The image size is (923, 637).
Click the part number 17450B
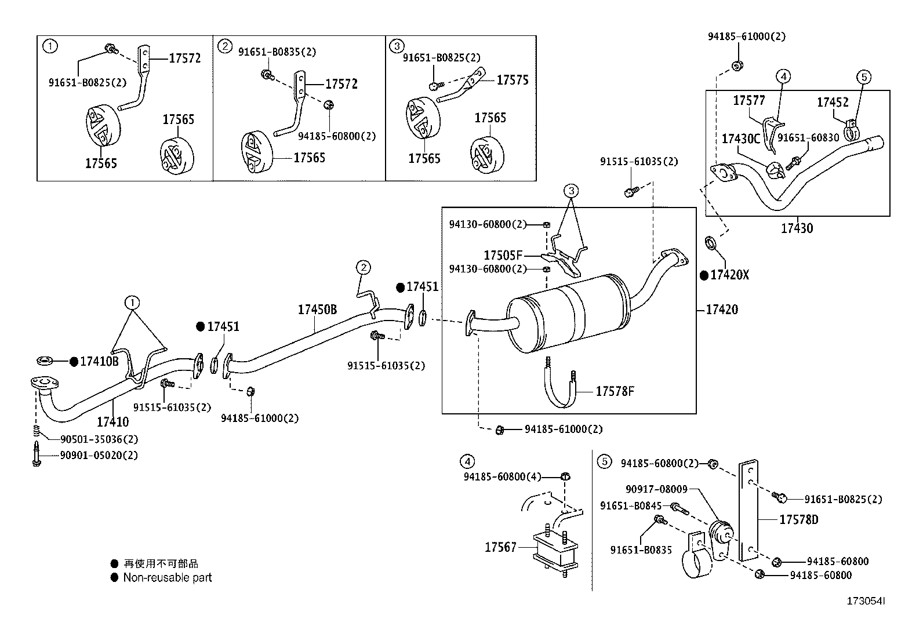pos(317,310)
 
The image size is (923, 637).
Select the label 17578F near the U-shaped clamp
pos(615,392)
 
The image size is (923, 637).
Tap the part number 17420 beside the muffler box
pos(722,310)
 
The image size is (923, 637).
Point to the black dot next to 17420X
pos(704,275)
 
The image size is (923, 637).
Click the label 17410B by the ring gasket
pos(99,362)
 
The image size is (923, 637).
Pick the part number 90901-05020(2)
pos(99,456)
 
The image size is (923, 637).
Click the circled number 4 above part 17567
pos(467,461)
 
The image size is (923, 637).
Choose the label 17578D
pos(798,520)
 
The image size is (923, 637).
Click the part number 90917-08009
pos(656,489)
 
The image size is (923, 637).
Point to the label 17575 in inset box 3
pos(512,81)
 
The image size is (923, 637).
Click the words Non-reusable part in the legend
pos(168,577)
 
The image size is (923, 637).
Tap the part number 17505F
pos(503,255)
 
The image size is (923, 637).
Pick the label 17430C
pos(740,139)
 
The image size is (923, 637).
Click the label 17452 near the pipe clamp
pos(833,103)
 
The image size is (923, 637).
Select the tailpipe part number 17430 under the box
pos(797,228)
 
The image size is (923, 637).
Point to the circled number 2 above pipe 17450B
pos(363,267)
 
